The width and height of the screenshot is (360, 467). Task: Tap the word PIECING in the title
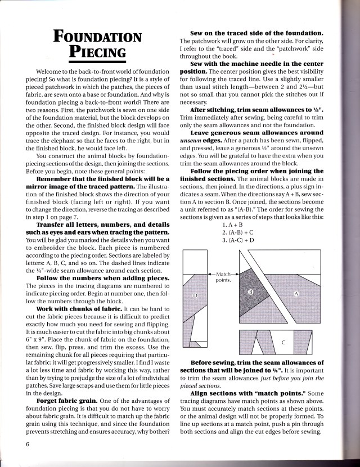click(x=97, y=55)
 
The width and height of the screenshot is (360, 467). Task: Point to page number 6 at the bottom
click(x=27, y=444)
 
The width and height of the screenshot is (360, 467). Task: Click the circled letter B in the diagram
click(x=251, y=293)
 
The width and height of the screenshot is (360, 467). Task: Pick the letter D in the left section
click(x=195, y=295)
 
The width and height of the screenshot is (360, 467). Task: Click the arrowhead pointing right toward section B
click(x=237, y=273)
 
